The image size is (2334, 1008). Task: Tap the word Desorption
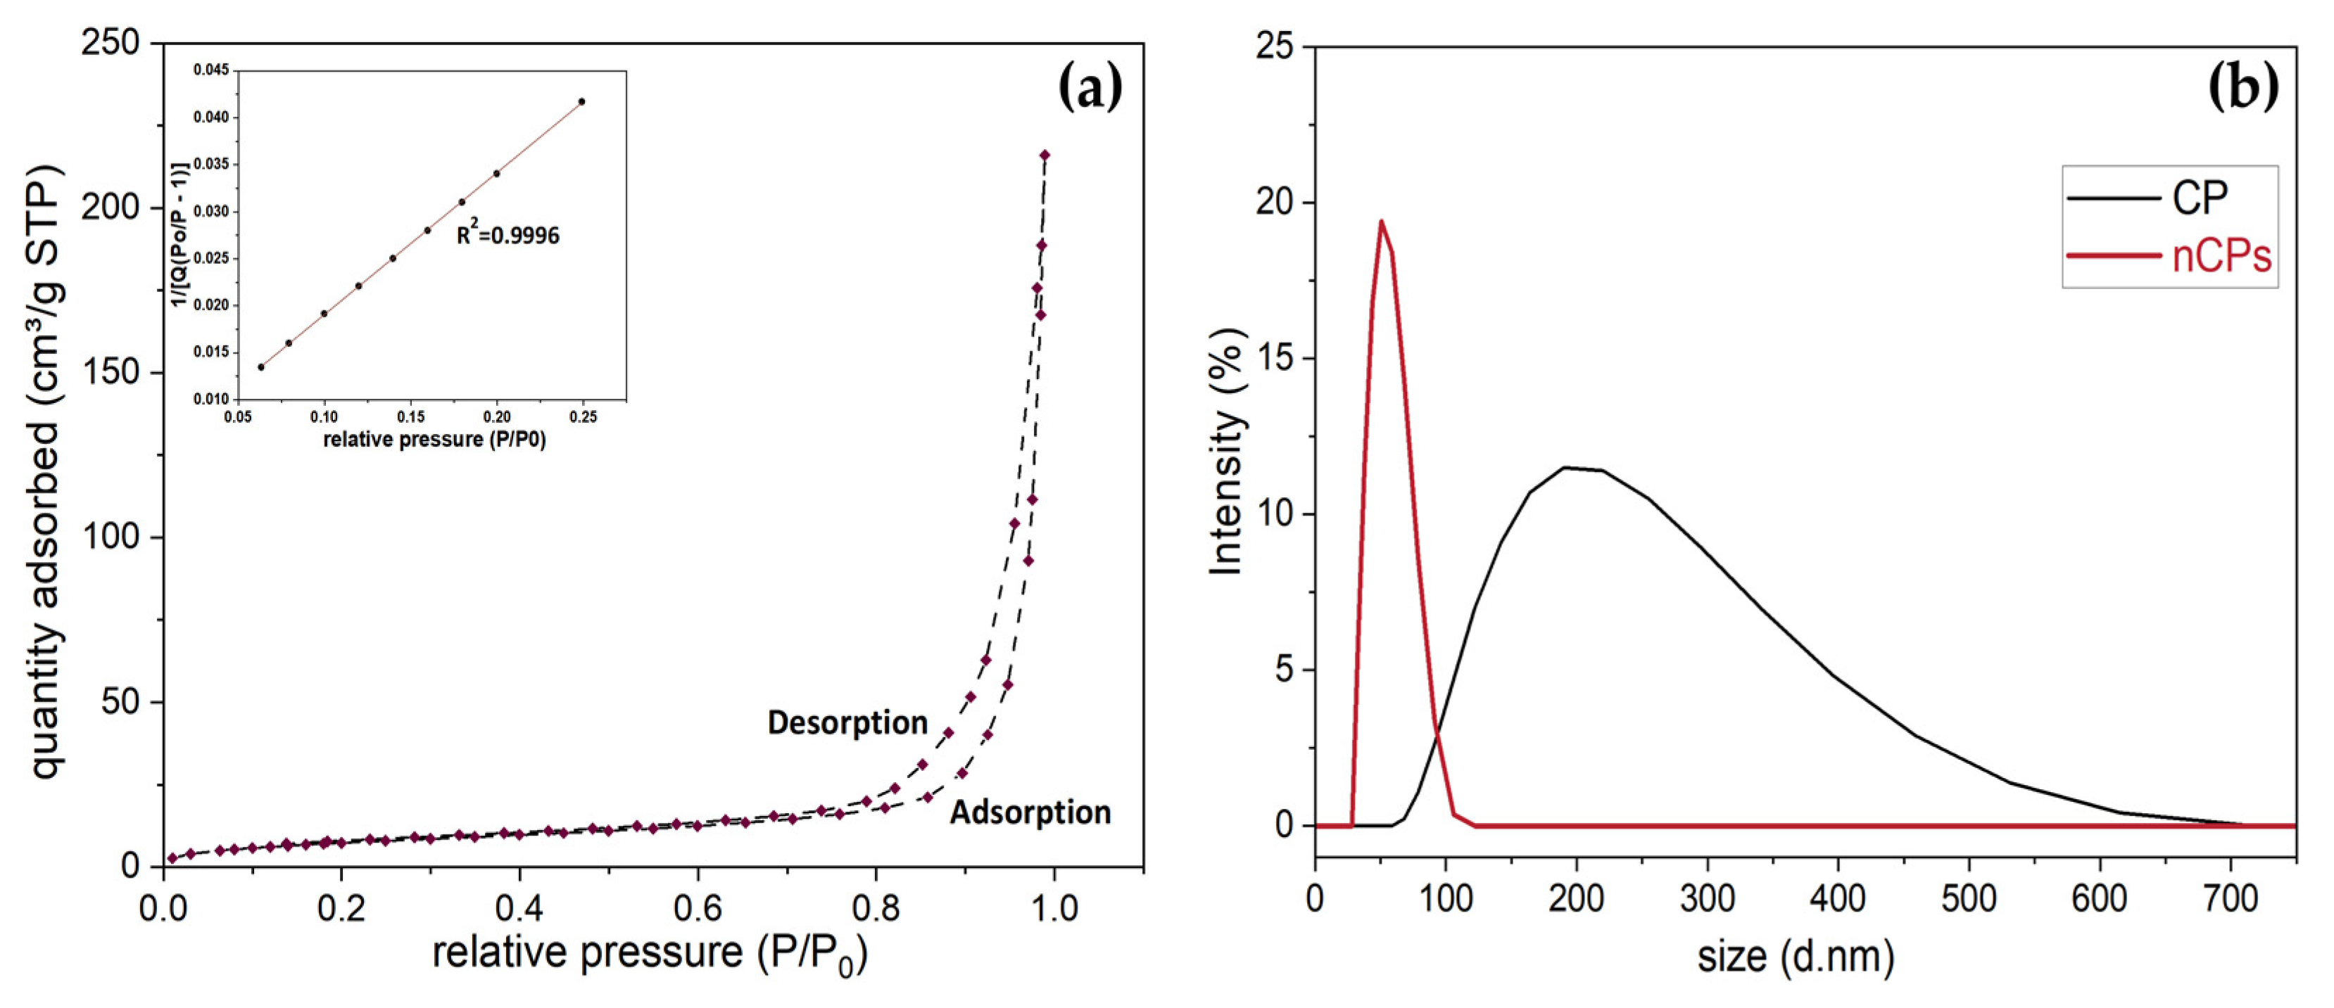(847, 722)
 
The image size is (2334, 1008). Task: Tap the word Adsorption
(1030, 812)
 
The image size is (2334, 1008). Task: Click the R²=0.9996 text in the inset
(507, 236)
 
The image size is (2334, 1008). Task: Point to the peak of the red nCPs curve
(1381, 220)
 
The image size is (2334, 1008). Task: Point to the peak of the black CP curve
(1564, 467)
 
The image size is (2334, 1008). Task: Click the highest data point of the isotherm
(1045, 155)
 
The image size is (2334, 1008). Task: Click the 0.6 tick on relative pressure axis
(698, 907)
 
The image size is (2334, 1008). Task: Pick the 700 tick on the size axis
(2230, 899)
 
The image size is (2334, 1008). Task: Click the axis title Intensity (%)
(1228, 450)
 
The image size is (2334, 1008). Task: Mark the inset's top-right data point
(581, 101)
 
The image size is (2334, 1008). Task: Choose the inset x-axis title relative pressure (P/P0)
(434, 440)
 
